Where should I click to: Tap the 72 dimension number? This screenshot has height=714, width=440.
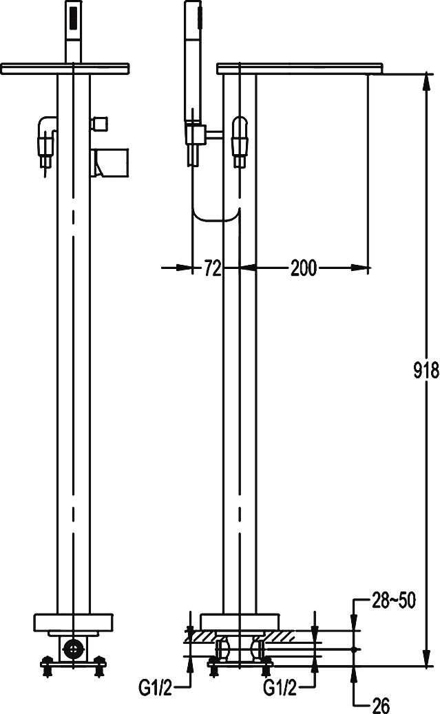(x=213, y=268)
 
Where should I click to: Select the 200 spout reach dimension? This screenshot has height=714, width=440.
(x=303, y=268)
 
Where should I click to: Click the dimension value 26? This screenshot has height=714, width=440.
(x=381, y=704)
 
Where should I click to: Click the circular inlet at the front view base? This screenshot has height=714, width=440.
(x=73, y=647)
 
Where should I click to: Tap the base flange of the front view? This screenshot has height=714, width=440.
(x=73, y=623)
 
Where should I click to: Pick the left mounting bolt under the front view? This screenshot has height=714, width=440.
(x=47, y=664)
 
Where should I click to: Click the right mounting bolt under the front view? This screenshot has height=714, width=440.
(x=101, y=664)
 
